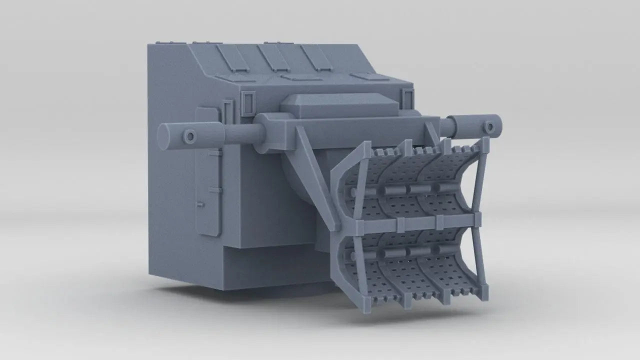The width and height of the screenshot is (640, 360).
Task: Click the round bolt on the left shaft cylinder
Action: coord(190,135)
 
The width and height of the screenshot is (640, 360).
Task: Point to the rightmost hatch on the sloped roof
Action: coord(316,57)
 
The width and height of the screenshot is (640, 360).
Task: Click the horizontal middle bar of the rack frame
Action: coord(410,220)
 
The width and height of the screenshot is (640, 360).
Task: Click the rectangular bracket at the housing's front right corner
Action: coord(407,97)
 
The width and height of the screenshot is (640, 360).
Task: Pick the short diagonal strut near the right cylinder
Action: coord(431,131)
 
